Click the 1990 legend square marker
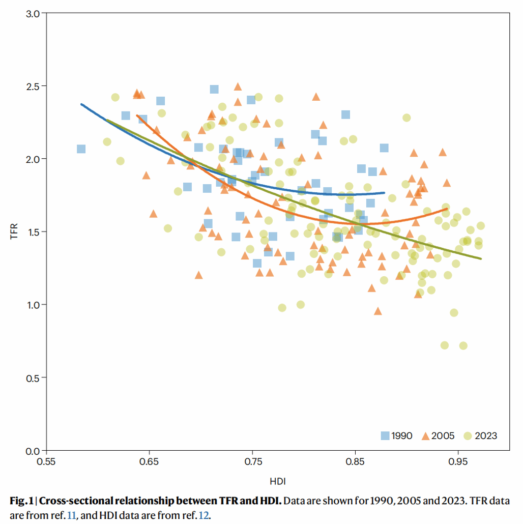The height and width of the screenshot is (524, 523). [385, 435]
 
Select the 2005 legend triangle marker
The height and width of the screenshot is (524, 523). [424, 435]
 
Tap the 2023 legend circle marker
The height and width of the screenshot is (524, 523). [468, 435]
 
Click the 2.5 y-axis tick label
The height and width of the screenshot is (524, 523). [33, 85]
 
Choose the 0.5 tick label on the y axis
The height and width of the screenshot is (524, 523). [33, 377]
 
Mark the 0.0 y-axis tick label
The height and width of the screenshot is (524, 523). [33, 451]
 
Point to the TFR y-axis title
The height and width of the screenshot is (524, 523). [14, 231]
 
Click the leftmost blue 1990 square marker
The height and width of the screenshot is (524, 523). [81, 149]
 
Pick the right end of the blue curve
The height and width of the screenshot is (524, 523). [385, 193]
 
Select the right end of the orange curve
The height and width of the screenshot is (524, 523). [447, 209]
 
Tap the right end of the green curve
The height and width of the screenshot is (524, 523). [481, 258]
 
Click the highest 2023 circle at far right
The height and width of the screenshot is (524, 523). [406, 118]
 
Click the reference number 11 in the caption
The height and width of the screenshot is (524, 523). [71, 515]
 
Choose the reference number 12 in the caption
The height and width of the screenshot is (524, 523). [204, 515]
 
